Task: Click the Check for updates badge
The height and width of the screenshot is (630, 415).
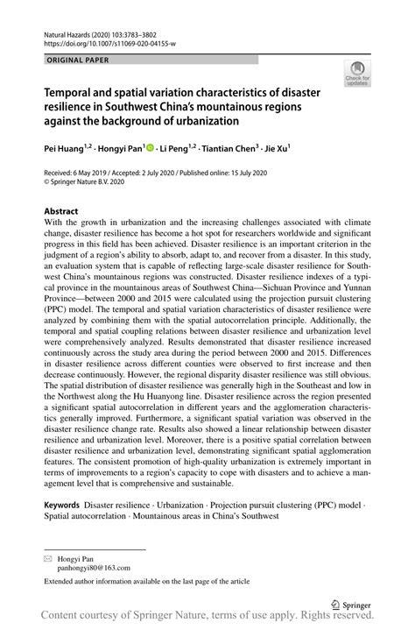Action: [359, 78]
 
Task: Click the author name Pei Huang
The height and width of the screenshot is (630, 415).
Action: [65, 149]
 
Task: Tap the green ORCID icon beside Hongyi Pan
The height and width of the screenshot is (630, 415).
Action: [150, 149]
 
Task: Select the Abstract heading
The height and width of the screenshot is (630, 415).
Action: [60, 211]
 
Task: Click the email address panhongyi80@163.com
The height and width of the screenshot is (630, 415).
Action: [94, 568]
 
